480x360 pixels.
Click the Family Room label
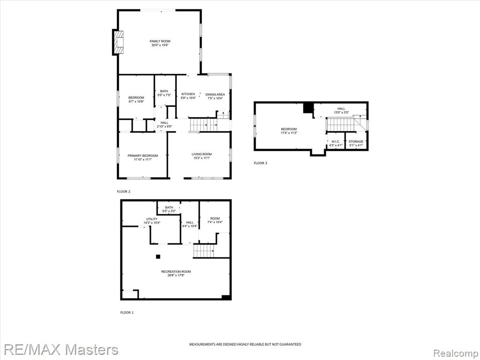(x=160, y=41)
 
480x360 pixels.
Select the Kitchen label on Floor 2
(x=188, y=94)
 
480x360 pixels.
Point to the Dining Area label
(x=215, y=94)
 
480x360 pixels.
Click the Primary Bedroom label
(x=142, y=156)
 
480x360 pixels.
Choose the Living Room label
(x=202, y=154)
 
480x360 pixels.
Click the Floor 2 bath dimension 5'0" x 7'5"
(x=164, y=95)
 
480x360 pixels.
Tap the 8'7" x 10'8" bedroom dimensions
(x=136, y=101)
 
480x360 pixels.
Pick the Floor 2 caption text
(x=123, y=192)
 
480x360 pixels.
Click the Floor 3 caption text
(x=260, y=163)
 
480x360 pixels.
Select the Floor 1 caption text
(x=127, y=313)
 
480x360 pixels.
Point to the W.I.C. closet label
(x=336, y=142)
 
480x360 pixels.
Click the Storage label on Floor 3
(x=356, y=142)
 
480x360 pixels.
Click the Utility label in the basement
(x=151, y=219)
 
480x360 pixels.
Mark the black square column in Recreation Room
(x=158, y=256)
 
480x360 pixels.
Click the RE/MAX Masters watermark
(x=60, y=350)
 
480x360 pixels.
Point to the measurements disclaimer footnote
(x=245, y=345)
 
